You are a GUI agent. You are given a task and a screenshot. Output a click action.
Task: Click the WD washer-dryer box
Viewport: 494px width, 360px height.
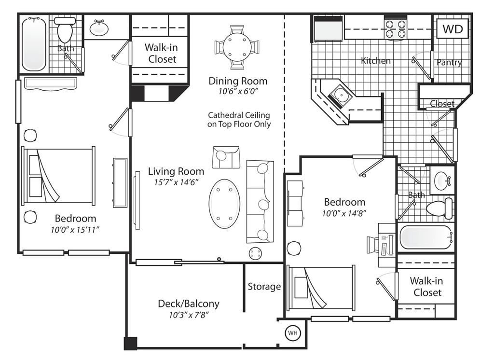click(x=453, y=28)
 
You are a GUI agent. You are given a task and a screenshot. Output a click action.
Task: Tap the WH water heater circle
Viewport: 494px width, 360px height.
click(x=293, y=333)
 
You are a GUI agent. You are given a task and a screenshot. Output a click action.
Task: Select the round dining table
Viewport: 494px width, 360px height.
click(x=237, y=47)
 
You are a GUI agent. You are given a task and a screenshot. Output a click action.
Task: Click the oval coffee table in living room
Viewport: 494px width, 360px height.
click(x=224, y=204)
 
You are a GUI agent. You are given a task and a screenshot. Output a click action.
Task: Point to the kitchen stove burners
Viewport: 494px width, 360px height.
click(x=396, y=28)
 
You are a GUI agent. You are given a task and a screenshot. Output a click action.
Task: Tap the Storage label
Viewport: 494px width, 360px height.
click(x=264, y=287)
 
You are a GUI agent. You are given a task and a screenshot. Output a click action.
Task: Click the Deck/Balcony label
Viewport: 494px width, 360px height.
click(x=189, y=304)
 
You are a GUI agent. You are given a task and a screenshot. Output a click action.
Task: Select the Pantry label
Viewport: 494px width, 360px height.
click(x=449, y=62)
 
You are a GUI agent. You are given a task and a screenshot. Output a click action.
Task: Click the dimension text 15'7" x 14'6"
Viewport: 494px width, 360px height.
click(x=176, y=182)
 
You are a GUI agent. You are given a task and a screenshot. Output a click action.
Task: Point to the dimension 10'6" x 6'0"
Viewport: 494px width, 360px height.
click(x=238, y=91)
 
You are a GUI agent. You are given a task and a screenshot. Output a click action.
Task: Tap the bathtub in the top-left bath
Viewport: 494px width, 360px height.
click(x=34, y=44)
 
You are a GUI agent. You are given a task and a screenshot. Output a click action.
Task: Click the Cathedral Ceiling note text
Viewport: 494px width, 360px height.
click(x=239, y=120)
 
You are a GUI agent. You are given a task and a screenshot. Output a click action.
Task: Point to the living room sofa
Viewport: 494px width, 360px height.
click(x=260, y=202)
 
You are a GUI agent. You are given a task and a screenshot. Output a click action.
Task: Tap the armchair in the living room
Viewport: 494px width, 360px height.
click(x=226, y=157)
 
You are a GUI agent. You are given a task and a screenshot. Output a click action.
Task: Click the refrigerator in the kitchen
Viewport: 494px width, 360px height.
click(x=328, y=29)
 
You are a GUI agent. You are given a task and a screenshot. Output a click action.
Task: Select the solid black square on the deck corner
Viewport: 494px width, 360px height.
click(x=130, y=343)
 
